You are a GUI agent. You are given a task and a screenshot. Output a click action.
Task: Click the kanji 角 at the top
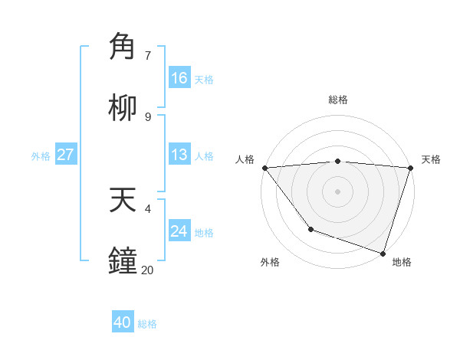(123, 47)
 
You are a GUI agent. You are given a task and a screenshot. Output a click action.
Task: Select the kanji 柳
(123, 108)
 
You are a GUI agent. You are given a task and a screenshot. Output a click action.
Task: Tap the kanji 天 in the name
(123, 200)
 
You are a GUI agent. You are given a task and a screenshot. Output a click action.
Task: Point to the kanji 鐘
(123, 260)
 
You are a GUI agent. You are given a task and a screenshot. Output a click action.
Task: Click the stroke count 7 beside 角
(148, 56)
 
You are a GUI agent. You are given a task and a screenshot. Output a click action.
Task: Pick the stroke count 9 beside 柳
(148, 116)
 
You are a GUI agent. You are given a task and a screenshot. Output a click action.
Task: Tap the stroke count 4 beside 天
(148, 208)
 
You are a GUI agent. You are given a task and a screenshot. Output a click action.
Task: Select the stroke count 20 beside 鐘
(147, 270)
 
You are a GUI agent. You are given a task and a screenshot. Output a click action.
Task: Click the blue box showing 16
(179, 78)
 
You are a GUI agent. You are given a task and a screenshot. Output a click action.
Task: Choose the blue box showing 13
(179, 155)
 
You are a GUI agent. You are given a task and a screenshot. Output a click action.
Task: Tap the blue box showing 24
(179, 231)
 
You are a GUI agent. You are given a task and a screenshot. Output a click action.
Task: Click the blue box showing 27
(66, 155)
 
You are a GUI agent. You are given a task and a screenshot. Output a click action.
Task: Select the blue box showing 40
(123, 322)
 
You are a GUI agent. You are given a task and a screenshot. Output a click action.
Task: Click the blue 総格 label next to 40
(147, 324)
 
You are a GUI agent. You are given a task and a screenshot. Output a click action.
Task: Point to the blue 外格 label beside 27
(41, 156)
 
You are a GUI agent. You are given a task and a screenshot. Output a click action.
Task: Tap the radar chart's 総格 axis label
(338, 100)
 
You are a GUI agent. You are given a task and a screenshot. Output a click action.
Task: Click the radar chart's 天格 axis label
(431, 159)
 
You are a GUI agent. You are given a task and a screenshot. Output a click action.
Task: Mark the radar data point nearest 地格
(383, 253)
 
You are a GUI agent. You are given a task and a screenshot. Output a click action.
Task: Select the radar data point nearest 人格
(264, 168)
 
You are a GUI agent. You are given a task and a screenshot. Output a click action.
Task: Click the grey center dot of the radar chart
(338, 191)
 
